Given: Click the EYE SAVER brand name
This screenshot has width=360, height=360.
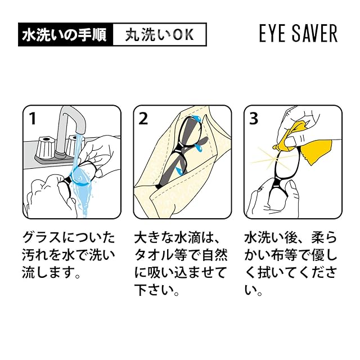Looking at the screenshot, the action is click(298, 34).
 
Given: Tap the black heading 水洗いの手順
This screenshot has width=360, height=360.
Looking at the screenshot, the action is click(65, 34).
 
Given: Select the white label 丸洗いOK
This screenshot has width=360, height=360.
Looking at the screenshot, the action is click(160, 34).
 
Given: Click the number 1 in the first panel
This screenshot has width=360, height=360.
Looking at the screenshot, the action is click(33, 119).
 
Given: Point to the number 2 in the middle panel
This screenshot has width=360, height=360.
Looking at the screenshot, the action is click(143, 119).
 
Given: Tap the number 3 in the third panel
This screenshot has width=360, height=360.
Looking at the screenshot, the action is click(254, 119).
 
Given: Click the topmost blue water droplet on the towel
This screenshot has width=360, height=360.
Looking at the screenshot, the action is click(197, 118).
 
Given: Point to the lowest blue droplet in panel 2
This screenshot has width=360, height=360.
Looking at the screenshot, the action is click(180, 170).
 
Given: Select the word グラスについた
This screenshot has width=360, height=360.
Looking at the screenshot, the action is click(69, 237).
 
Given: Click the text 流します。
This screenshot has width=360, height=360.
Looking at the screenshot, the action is click(51, 272).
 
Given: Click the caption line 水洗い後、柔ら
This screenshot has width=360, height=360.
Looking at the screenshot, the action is click(290, 237).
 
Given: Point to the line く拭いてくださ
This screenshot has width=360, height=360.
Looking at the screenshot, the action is click(291, 272).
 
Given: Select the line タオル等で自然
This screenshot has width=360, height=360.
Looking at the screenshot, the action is click(181, 255).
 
